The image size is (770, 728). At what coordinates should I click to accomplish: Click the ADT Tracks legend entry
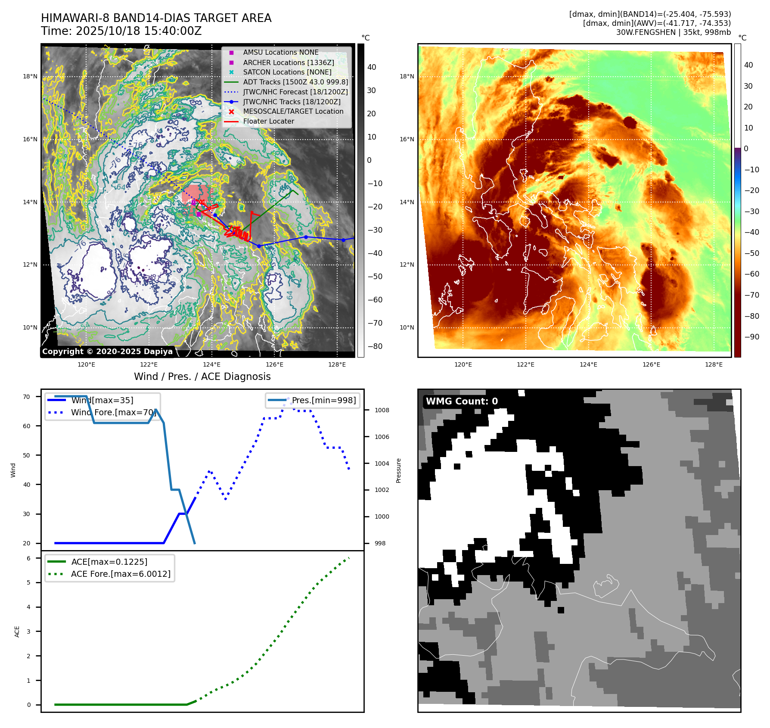(295, 82)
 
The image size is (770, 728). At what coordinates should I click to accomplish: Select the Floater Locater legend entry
(268, 121)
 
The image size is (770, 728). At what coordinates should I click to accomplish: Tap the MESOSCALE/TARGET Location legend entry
(293, 112)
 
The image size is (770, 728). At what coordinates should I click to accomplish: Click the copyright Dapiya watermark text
(107, 352)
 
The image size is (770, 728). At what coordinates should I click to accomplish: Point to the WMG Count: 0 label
(462, 401)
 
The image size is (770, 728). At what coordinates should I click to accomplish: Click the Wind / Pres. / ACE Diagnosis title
(202, 376)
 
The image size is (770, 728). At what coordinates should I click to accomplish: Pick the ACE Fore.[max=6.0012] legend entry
(121, 574)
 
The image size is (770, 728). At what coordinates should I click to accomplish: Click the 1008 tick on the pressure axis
(382, 410)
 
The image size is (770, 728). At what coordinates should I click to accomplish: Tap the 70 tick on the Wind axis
(27, 397)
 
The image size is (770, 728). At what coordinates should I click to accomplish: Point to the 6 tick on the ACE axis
(28, 558)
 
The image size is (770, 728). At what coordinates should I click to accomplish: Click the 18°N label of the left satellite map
(30, 77)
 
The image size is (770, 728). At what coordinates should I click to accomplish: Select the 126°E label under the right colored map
(651, 364)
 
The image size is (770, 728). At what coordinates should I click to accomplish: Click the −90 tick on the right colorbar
(751, 337)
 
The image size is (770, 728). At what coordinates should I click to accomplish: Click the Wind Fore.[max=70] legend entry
(113, 412)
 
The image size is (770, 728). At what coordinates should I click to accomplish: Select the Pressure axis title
(398, 470)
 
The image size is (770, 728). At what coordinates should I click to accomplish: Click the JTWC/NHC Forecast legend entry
(295, 92)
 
